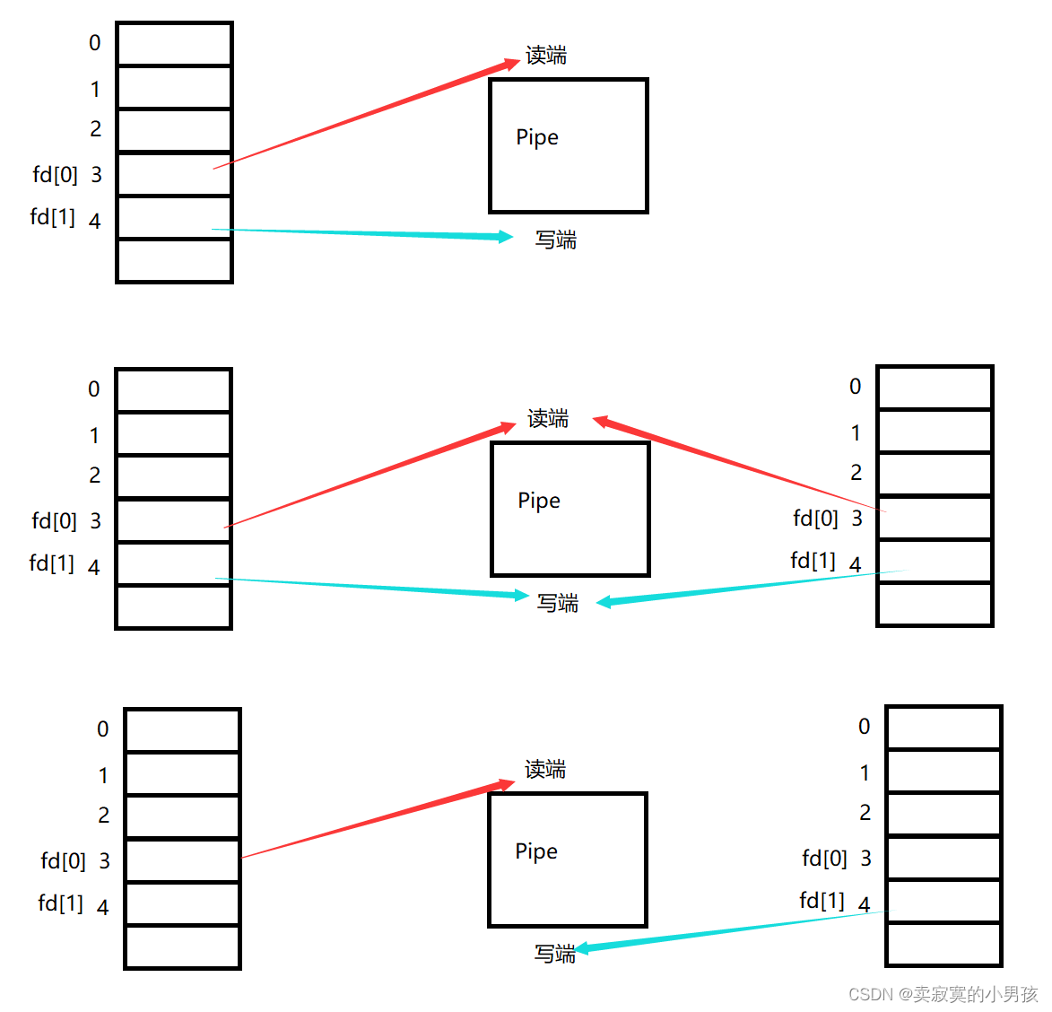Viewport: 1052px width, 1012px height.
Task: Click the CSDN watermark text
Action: click(x=943, y=994)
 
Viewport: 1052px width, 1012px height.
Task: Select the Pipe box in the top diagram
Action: click(x=568, y=146)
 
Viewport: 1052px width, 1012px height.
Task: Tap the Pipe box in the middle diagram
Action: click(x=569, y=509)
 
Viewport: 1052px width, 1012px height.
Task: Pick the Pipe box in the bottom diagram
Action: click(x=567, y=859)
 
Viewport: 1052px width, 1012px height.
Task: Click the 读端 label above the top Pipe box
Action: click(x=546, y=56)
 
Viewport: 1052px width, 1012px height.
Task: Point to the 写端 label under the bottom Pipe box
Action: click(x=554, y=954)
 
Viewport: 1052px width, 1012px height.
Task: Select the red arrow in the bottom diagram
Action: click(x=377, y=820)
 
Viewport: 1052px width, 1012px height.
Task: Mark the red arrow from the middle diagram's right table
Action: click(x=735, y=464)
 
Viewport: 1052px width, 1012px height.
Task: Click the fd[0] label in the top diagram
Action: click(x=55, y=174)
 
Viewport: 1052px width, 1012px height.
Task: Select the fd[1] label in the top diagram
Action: click(x=52, y=217)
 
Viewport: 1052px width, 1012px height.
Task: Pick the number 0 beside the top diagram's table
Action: click(x=95, y=43)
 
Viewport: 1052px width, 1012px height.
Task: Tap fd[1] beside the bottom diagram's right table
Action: click(x=822, y=900)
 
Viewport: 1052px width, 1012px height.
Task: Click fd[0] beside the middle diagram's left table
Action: click(x=54, y=520)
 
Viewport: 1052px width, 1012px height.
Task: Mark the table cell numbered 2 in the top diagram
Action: click(x=174, y=131)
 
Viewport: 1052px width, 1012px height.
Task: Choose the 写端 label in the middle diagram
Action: click(x=557, y=603)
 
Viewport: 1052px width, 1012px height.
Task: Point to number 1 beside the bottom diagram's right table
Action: click(x=865, y=772)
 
